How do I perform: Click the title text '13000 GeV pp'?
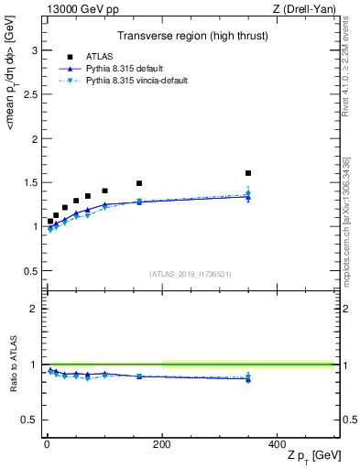(x=77, y=9)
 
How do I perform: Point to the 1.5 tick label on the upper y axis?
(x=30, y=183)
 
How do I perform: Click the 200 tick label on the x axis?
(x=162, y=443)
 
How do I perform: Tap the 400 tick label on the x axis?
(x=277, y=443)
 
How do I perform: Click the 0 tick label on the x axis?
(x=47, y=443)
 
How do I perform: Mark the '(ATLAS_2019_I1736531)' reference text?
(x=189, y=273)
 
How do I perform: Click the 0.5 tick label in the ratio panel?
(x=30, y=420)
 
